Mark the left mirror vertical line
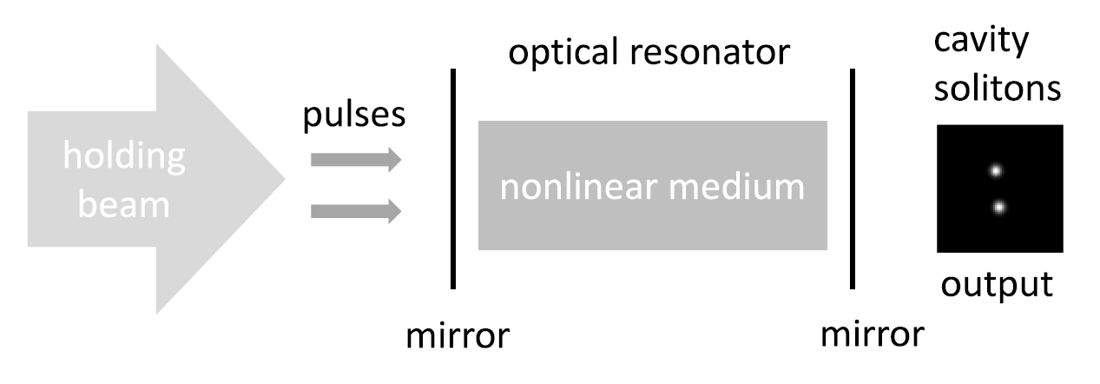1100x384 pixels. point(452,178)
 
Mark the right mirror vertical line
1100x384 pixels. point(853,178)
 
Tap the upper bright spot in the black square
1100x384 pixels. point(996,170)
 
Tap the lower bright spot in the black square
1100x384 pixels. point(999,207)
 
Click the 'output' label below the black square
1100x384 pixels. point(998,284)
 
